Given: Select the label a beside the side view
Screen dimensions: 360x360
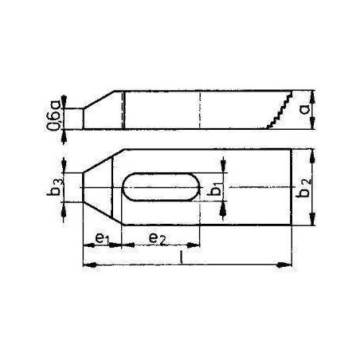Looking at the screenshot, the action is tap(305, 109).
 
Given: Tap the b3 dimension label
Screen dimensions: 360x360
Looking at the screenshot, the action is tap(55, 187).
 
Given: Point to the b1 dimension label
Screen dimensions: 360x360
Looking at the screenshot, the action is tap(216, 187).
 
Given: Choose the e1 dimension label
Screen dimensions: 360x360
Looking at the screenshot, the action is tap(102, 238).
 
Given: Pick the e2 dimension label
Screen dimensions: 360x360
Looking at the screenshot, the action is tap(157, 238).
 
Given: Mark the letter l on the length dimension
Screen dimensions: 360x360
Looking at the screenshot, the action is tap(181, 257).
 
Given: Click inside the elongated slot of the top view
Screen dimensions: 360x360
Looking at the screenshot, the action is tap(161, 187).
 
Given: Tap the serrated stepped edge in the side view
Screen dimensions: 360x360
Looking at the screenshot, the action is tap(280, 110).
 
